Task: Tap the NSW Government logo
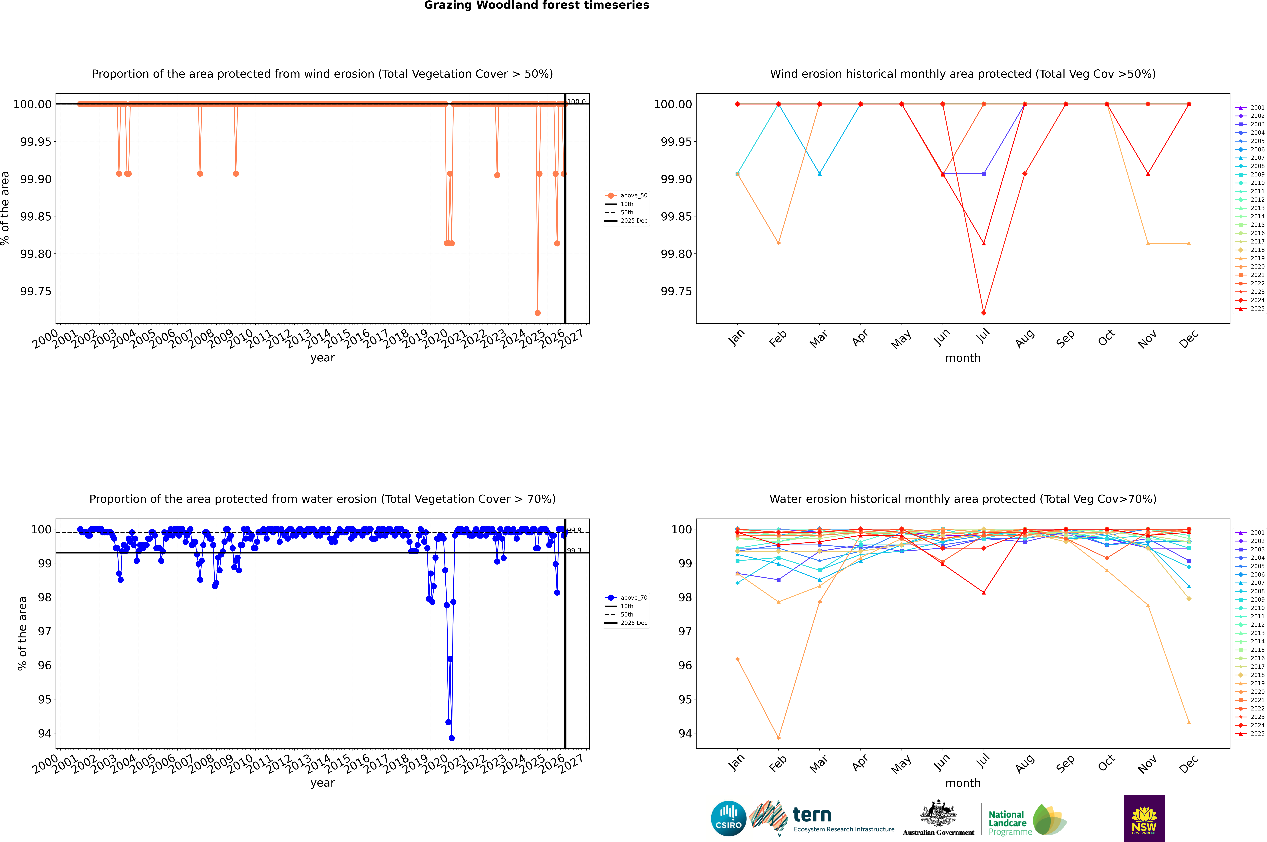coord(1144,818)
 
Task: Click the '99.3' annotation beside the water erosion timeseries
coord(574,550)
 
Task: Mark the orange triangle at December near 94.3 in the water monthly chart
coord(1189,722)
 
